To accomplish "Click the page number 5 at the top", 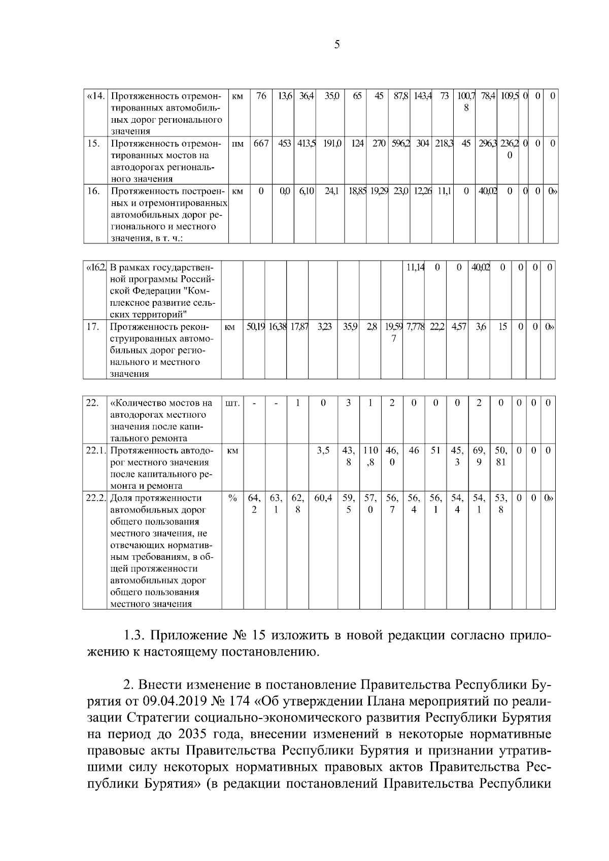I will (337, 45).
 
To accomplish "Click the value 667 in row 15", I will (261, 144).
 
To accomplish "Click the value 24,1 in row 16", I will (332, 191).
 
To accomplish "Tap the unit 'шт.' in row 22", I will (232, 404).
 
